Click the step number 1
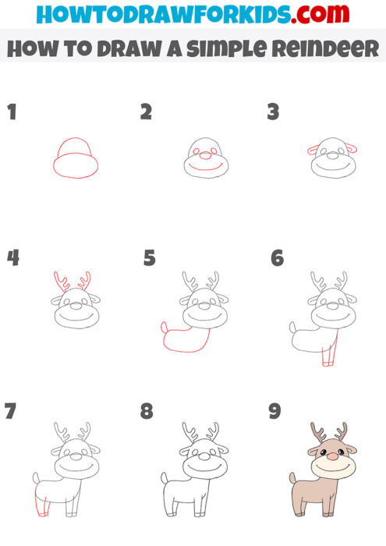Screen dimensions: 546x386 click(x=12, y=112)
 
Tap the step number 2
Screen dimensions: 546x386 click(x=146, y=112)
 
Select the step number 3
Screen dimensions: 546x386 click(x=273, y=112)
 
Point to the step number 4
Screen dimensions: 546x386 click(x=12, y=257)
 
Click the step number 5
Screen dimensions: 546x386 click(x=150, y=257)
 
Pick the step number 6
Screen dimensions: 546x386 click(x=277, y=257)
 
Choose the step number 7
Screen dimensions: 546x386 click(x=11, y=411)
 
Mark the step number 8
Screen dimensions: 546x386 click(x=147, y=411)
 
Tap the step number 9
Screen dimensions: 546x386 click(x=275, y=411)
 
